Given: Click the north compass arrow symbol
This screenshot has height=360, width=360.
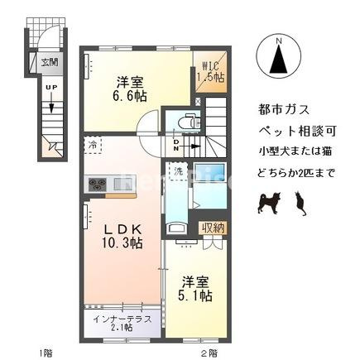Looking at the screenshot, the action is tap(278, 60).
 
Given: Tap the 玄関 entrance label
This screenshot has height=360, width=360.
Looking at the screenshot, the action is tap(50, 63).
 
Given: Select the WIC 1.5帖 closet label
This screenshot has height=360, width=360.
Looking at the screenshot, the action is tap(210, 72).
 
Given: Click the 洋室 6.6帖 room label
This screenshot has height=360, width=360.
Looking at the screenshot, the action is tap(129, 89).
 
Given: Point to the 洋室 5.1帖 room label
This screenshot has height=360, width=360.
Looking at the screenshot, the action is tap(195, 288).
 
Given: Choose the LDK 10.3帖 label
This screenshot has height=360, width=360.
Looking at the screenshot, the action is tap(122, 236).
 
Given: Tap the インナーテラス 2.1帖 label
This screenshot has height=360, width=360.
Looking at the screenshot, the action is tap(122, 323).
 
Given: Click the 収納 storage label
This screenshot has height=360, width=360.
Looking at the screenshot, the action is tap(214, 228).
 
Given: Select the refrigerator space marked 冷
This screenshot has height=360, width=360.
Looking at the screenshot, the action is tap(93, 145).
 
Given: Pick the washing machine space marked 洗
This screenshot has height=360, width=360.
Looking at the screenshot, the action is tap(179, 171).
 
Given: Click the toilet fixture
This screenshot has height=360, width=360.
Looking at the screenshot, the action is tap(189, 121).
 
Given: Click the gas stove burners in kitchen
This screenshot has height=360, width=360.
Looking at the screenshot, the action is tap(98, 185).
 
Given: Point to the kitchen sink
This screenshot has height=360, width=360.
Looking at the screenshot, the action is tap(121, 184).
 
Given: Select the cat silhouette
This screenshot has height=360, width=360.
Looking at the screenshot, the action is tap(300, 204).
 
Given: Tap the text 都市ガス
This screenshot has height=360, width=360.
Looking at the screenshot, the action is tap(284, 110).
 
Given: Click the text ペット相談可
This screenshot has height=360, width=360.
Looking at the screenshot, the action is tap(297, 131).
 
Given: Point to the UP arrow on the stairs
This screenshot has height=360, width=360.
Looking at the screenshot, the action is tap(51, 103).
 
